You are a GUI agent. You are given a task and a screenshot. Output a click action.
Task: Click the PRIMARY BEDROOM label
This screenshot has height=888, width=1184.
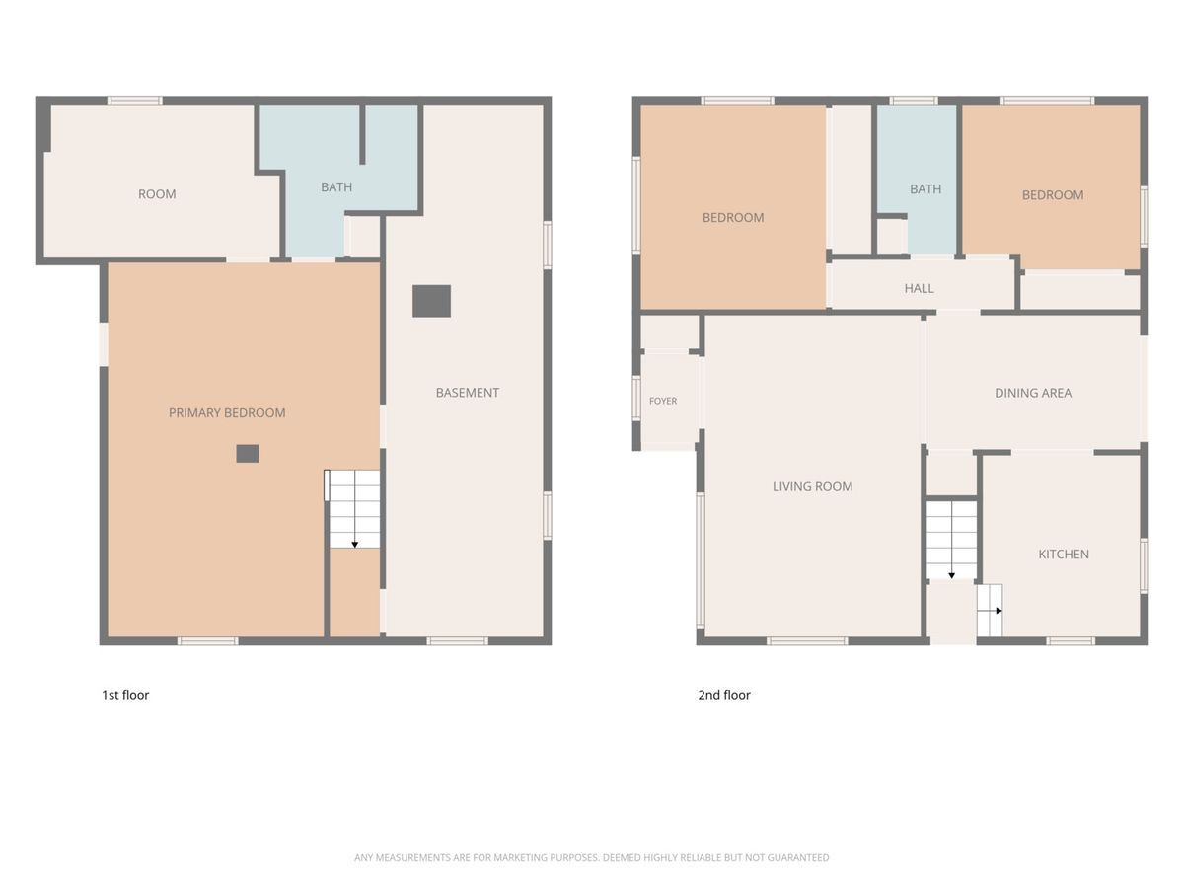click(x=227, y=413)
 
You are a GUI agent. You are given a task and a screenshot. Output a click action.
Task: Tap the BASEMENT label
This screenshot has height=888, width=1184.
click(x=467, y=393)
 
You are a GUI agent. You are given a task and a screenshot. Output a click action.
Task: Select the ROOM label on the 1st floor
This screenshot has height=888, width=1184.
click(x=157, y=194)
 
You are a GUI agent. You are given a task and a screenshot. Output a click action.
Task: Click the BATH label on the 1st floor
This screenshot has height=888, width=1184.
click(x=336, y=187)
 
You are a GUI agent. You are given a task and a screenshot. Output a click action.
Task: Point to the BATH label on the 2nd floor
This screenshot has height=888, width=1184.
click(x=925, y=189)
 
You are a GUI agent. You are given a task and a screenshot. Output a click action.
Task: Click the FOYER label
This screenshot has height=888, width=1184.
click(x=663, y=401)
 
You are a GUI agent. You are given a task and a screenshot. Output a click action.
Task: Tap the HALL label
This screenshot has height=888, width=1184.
click(x=920, y=288)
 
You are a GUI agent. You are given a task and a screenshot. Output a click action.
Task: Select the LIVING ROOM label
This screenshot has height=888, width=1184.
click(x=812, y=486)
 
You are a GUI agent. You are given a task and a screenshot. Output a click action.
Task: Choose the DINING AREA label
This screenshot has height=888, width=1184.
click(x=1033, y=393)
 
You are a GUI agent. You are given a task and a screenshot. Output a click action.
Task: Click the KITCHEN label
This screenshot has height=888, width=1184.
click(x=1064, y=554)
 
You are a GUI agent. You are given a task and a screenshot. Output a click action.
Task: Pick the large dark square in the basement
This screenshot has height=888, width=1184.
click(x=431, y=301)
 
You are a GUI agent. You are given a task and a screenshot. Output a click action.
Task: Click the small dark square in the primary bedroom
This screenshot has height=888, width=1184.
click(x=248, y=454)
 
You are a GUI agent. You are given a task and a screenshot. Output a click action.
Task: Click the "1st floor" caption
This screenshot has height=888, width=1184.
click(x=125, y=695)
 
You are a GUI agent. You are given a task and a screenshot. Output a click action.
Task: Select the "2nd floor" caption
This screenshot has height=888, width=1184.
click(x=724, y=695)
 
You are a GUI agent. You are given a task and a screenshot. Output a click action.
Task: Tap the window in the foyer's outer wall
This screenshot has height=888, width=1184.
click(x=636, y=399)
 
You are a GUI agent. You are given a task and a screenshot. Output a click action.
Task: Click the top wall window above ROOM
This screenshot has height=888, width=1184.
click(x=135, y=101)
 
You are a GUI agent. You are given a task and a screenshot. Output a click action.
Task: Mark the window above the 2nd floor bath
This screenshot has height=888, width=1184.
click(x=914, y=101)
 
